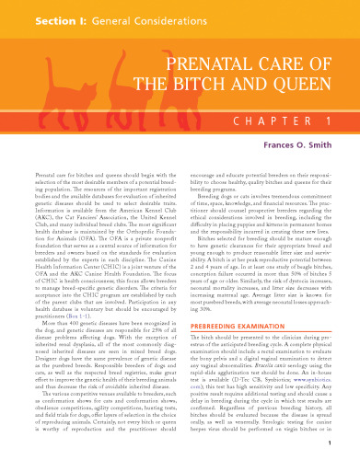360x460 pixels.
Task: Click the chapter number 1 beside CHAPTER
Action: [327, 120]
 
